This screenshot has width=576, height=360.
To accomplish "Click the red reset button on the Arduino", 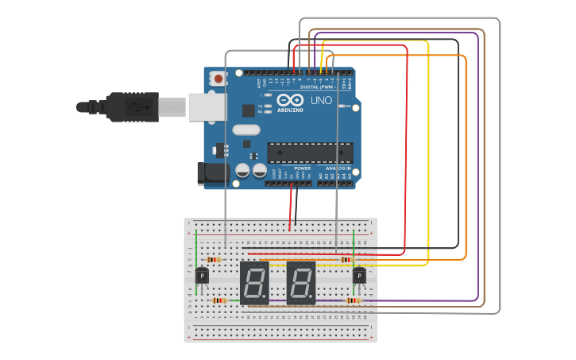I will coord(218,79).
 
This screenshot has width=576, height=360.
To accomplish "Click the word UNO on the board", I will coord(321,101).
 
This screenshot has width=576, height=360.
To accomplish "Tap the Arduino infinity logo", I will coord(291,101).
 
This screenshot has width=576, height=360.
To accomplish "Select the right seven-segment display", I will coord(301,283).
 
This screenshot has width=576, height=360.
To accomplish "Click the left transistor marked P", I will coord(202,276).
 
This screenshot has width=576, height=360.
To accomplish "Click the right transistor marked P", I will coord(359,276).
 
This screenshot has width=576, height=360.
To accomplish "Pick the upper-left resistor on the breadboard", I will coord(212,260).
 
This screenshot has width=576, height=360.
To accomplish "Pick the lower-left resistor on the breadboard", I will coord(219,300).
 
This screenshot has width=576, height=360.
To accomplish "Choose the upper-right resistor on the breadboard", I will coord(346,260).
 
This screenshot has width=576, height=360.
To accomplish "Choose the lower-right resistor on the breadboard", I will coord(353,300).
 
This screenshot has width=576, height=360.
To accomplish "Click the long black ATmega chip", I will coord(310,151).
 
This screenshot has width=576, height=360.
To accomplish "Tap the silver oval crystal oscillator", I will coord(246,130).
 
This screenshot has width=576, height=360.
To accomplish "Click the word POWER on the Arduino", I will coord(302,168).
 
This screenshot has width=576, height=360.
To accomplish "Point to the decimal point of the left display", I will coord(268,300).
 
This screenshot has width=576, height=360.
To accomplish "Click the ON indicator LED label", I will coord(347,106).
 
